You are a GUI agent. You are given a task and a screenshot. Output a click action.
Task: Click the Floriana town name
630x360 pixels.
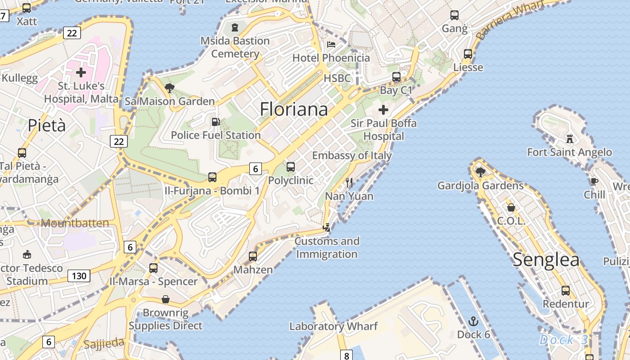294,109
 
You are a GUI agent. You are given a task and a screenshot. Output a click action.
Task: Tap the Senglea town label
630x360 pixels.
546,260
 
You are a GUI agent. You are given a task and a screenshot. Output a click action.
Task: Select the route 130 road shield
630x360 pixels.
79,275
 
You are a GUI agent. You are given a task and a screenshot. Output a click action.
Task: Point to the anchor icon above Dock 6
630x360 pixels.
473,321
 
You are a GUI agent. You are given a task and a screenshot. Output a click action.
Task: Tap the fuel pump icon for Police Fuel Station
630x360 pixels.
216,122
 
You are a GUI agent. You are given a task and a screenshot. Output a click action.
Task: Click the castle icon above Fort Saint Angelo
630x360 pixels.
570,139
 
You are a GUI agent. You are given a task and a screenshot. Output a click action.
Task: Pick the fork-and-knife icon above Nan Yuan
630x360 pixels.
349,183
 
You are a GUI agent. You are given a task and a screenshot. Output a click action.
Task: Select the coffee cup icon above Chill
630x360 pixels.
594,181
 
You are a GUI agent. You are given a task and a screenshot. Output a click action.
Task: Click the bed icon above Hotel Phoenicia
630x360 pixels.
331,45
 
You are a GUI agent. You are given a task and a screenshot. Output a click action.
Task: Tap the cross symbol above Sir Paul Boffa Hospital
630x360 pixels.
383,110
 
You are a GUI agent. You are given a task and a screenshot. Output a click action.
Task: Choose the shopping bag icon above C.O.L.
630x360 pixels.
511,207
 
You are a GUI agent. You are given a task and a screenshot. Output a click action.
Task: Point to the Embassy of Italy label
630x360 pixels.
352,156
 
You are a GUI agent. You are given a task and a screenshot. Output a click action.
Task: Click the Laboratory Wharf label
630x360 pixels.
333,326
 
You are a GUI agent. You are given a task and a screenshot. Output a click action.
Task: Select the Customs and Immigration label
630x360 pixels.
327,247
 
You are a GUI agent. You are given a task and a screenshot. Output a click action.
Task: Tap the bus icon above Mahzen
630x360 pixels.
253,256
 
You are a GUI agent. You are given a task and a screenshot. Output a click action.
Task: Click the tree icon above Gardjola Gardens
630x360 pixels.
480,171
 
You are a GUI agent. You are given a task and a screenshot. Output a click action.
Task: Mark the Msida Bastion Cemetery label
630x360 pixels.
235,47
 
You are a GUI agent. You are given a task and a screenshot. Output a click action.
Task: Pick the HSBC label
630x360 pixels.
337,78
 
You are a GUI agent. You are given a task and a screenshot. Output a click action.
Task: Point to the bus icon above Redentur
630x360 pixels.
566,291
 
